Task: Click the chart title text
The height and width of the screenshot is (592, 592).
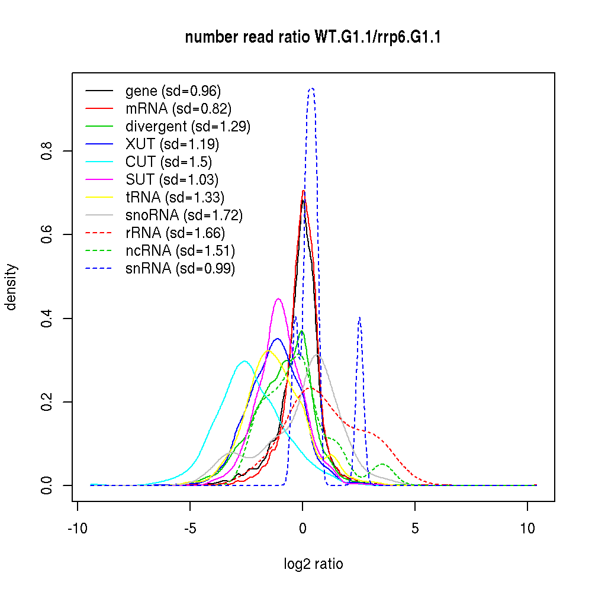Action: point(313,38)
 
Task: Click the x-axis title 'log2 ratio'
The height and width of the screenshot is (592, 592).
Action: point(313,564)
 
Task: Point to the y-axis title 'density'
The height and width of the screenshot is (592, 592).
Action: point(11,287)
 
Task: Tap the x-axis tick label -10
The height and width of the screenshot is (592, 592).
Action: point(78,528)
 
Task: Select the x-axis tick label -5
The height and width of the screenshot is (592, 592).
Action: point(190,528)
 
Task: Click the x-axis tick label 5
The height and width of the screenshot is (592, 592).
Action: point(415,528)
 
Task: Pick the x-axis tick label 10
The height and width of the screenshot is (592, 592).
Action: point(527,528)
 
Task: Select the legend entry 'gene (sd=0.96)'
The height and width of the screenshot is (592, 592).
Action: point(173,91)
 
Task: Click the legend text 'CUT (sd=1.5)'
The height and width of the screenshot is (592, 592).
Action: point(168,162)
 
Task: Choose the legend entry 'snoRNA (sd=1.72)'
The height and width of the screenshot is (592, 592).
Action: point(184,215)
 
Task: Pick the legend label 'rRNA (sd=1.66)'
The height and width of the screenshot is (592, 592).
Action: point(175,233)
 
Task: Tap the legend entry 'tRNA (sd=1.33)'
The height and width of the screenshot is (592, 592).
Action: point(175,197)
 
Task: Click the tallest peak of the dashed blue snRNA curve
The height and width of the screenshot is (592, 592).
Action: point(311,89)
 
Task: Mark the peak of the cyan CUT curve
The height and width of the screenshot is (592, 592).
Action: point(244,361)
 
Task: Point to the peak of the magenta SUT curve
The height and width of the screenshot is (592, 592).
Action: point(278,299)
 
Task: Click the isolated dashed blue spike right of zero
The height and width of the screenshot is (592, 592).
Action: point(359,318)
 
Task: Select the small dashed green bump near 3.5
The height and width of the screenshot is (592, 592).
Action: point(383,464)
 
